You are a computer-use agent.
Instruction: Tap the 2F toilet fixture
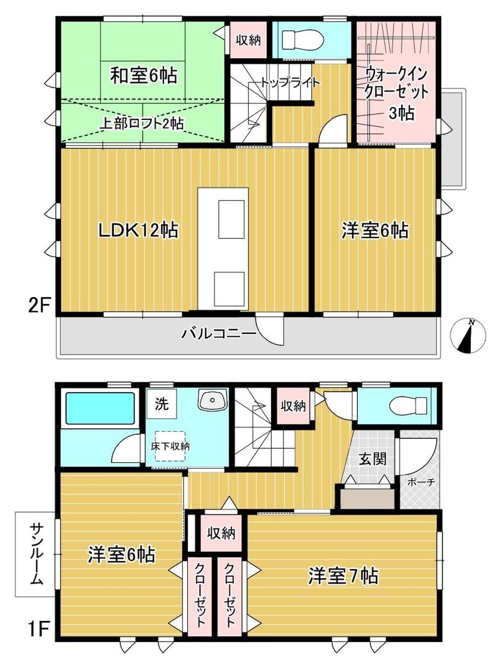302,40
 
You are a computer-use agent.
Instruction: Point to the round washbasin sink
212,400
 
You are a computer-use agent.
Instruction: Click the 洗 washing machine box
162,404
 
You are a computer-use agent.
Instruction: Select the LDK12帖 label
139,230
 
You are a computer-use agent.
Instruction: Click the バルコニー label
219,333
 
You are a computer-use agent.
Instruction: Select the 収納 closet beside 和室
248,40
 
